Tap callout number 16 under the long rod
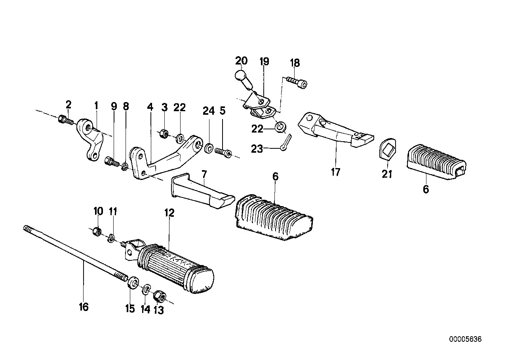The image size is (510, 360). point(84,307)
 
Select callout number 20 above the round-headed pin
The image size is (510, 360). point(241,61)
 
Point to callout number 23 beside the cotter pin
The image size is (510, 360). point(257,149)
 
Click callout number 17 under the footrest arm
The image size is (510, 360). point(336,172)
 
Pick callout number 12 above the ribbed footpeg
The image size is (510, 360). point(169,212)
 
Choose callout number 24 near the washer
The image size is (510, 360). point(209,111)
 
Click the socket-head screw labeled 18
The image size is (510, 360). point(297,83)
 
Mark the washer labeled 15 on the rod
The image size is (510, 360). point(133,282)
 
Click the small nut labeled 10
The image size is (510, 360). point(97,231)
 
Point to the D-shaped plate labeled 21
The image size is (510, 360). point(388,149)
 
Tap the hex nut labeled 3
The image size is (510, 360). point(164,133)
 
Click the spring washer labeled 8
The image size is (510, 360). point(125,167)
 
